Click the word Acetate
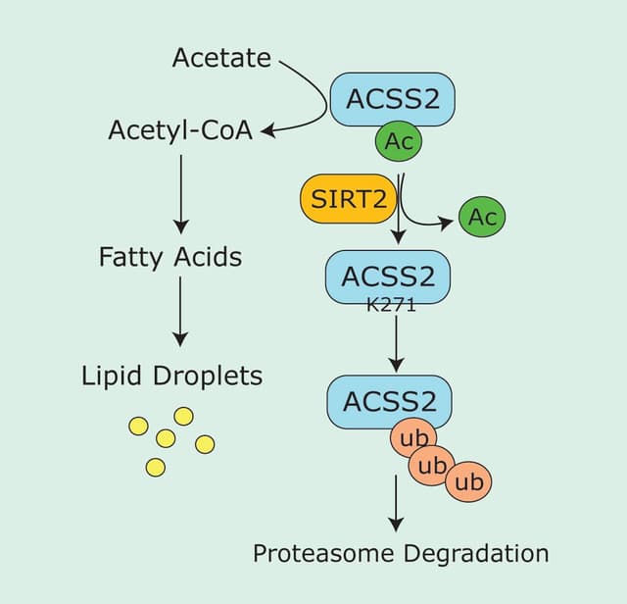point(221,59)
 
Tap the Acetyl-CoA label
point(180,130)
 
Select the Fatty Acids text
point(170,257)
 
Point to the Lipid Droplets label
point(172,376)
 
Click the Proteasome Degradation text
point(401,552)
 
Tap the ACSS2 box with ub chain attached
point(389,401)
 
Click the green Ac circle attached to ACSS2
point(399,141)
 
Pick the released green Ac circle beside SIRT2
point(483,217)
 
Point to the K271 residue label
point(391,305)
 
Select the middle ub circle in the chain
point(432,465)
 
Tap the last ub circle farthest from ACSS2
point(469,481)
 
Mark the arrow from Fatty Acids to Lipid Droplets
point(180,311)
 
